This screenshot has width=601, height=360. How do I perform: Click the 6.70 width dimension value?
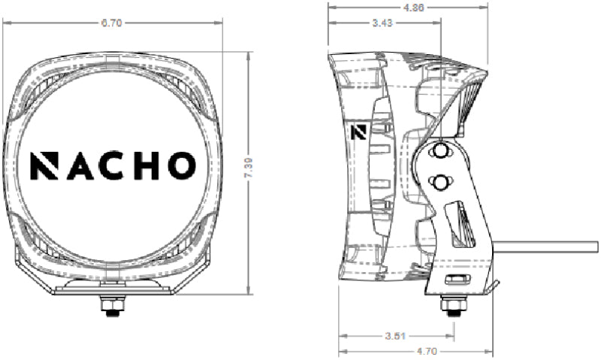coord(112,23)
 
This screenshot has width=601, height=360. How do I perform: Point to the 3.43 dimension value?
coord(381,23)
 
